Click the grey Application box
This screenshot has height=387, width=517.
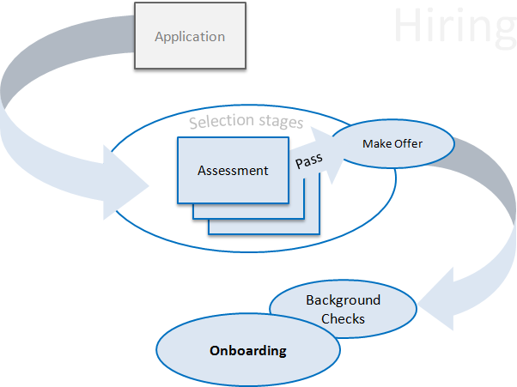189,36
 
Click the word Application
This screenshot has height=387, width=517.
189,37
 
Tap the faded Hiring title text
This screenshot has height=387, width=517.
453,27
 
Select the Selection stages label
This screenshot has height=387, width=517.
246,122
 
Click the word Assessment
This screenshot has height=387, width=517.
233,171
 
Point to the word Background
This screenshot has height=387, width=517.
343,300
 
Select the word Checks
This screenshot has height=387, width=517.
343,318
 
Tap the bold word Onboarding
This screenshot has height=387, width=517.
248,351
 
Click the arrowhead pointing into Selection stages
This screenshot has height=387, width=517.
133,181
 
